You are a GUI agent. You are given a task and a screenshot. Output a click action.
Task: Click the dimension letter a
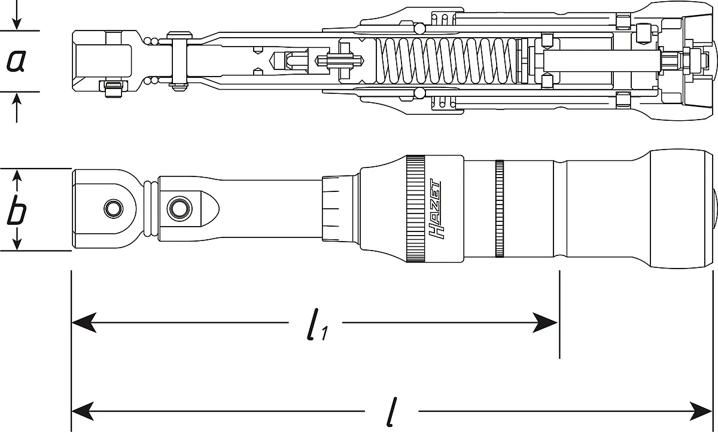click(16, 61)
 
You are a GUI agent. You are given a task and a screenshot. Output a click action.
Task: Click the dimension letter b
click(16, 210)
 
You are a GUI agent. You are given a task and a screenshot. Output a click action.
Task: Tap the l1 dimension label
click(317, 324)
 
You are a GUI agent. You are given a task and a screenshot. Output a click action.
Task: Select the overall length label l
click(392, 412)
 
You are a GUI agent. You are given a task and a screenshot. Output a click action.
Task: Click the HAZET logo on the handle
click(434, 209)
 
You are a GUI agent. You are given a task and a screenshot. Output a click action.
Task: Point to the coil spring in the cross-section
click(446, 60)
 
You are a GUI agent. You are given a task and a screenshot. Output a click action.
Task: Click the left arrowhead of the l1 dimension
click(84, 322)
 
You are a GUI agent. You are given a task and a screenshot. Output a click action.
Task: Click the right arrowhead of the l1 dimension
click(545, 322)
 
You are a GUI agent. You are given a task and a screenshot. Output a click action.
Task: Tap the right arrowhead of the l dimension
click(701, 411)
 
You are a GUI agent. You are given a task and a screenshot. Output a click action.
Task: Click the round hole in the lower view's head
click(113, 209)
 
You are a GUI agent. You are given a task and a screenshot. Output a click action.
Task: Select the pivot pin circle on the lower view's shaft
click(180, 209)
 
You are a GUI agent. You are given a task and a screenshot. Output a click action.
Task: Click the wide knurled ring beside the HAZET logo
click(416, 209)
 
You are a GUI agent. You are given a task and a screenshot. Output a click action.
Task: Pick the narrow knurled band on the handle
click(500, 209)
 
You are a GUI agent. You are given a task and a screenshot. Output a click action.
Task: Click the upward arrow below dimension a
click(17, 108)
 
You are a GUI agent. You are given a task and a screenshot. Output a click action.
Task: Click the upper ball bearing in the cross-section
click(419, 29)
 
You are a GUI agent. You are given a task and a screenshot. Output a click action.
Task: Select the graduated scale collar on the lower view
click(340, 209)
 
